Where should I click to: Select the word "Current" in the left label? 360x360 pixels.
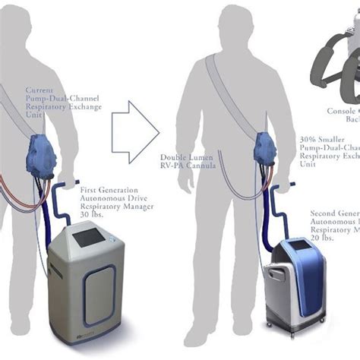coord(40,89)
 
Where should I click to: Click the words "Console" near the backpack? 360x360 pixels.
coord(339,111)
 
